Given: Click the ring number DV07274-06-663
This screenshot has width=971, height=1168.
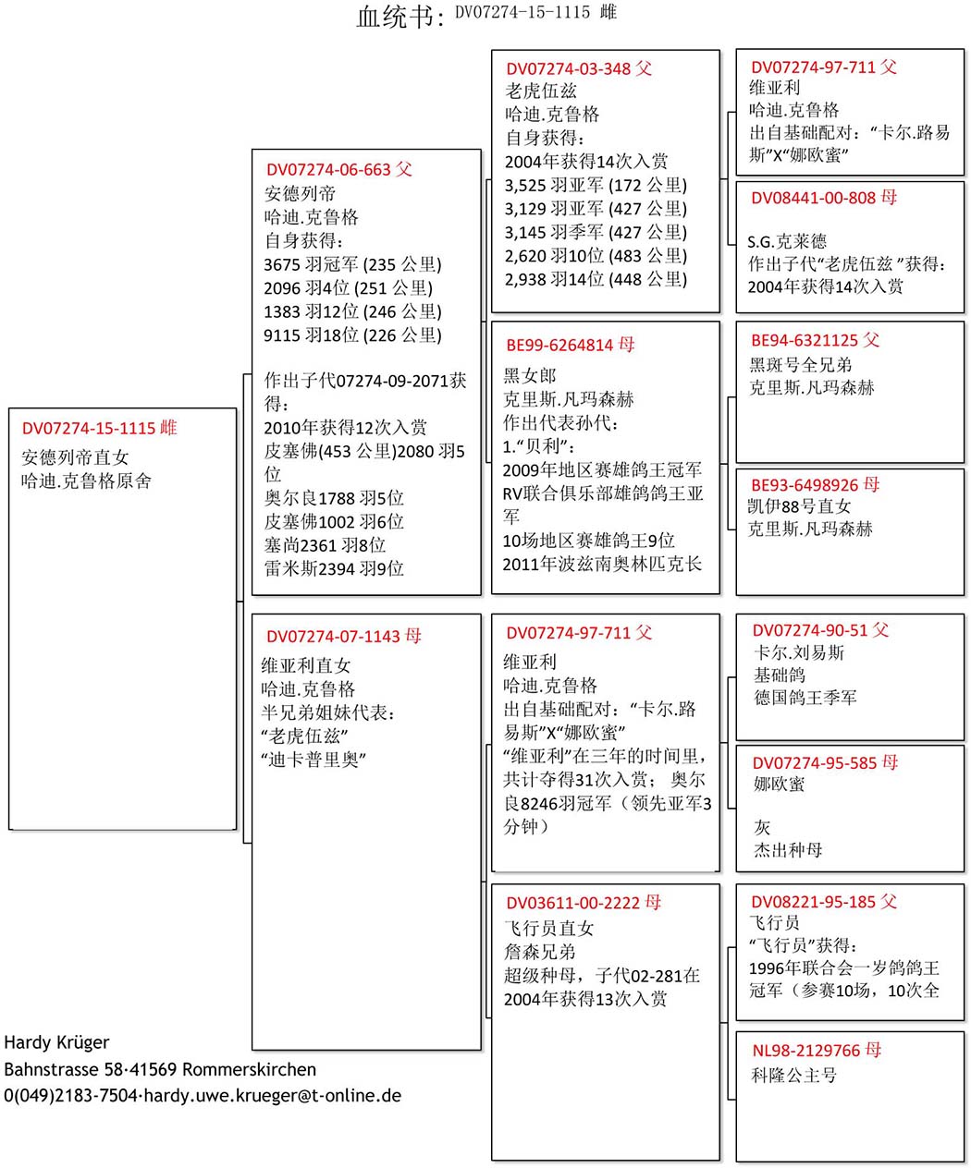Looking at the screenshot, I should click(328, 170).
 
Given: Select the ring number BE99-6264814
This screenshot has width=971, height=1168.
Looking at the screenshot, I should click(559, 346).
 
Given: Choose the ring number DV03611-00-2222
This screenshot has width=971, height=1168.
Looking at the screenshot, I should click(573, 903).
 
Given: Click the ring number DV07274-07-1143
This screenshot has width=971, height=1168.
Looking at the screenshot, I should click(333, 637).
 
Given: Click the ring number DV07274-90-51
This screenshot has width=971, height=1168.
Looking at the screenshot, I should click(810, 630).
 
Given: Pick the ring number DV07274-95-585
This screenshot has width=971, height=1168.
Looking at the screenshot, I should click(815, 763).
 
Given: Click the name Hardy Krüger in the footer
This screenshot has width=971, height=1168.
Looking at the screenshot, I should click(56, 1042).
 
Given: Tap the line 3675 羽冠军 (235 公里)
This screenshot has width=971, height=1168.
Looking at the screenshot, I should click(353, 264).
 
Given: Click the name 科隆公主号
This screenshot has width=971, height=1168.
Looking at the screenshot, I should click(794, 1076).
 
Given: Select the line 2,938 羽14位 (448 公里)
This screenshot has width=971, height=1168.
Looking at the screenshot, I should click(596, 279).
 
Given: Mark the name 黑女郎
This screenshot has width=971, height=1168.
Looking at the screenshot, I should click(530, 376).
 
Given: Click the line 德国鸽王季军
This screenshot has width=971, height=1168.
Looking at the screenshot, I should click(805, 698).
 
